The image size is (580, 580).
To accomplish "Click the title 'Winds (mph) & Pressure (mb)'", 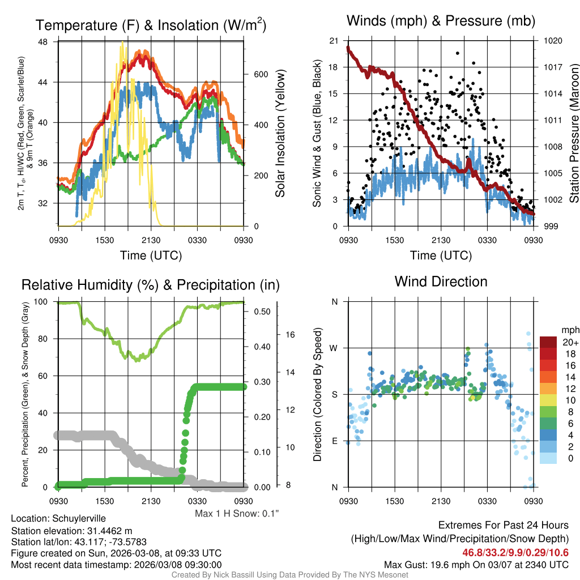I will point(441,22).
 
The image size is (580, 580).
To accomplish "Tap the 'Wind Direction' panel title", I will point(441,282).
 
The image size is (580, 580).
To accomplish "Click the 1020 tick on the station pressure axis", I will point(552,41).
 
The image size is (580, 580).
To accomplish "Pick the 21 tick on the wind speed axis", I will point(334,41).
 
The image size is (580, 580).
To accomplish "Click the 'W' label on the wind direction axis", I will point(334,348).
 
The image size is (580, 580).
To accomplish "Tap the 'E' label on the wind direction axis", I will point(334,441).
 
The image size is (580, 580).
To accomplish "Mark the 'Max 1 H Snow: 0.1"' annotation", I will point(237,514).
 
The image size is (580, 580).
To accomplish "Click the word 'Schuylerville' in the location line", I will point(79,518).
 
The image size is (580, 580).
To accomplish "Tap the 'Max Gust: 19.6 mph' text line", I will point(476,564).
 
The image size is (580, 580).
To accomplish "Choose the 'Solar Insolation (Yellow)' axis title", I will point(280,134).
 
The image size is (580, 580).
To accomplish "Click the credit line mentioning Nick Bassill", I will point(289,575).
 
